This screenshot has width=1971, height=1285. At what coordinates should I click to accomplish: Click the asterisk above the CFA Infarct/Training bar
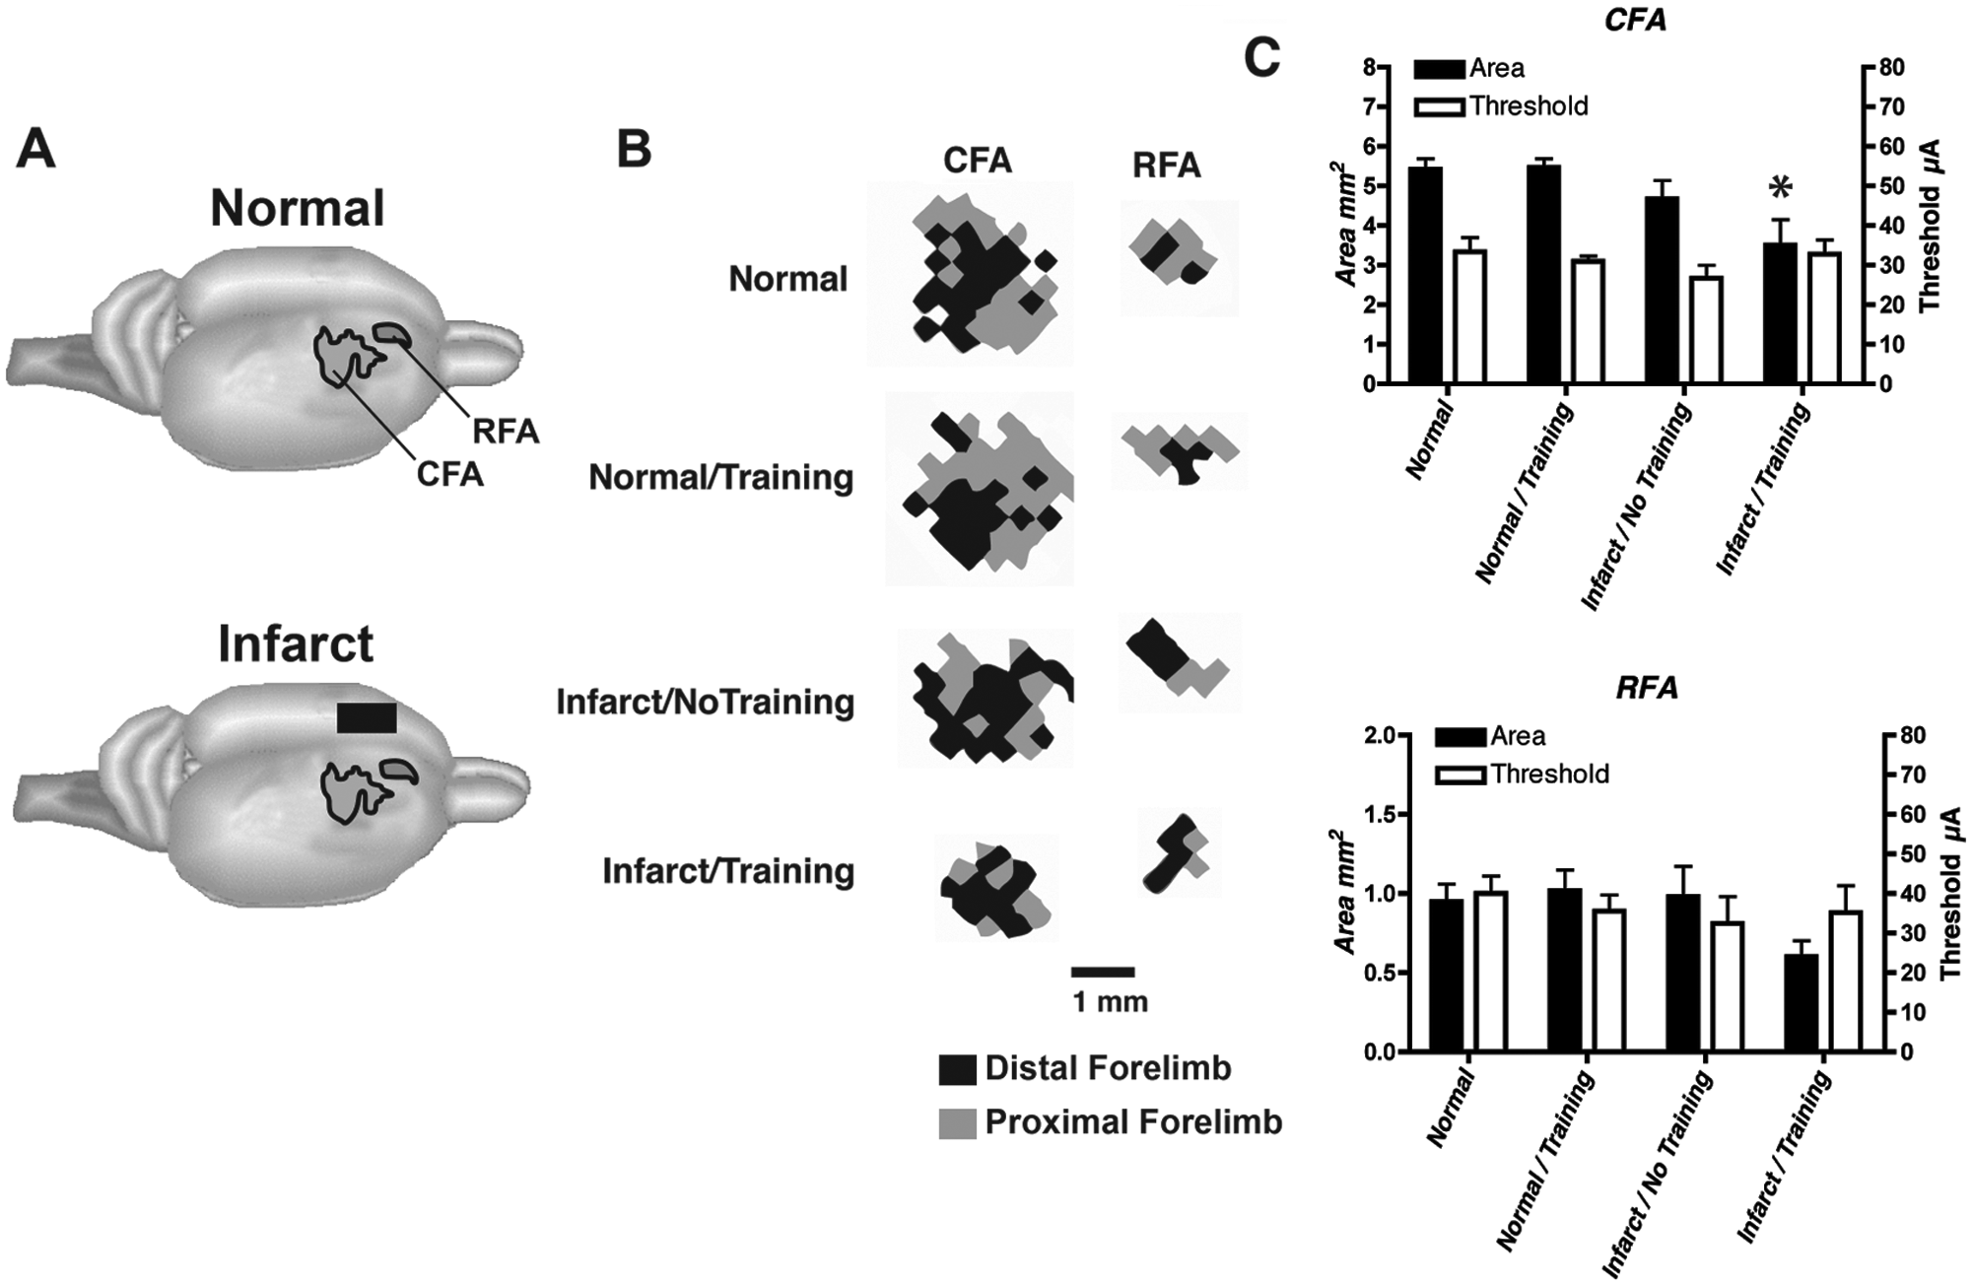click(x=1780, y=187)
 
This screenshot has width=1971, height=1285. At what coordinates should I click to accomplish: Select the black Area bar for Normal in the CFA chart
click(x=1425, y=275)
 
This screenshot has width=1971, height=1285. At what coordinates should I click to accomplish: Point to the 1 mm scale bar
click(x=1104, y=972)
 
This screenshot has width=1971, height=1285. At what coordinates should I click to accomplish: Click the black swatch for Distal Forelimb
click(x=957, y=1069)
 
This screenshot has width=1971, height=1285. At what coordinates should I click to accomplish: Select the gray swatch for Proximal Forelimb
click(x=957, y=1123)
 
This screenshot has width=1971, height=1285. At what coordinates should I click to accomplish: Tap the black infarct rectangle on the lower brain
click(x=367, y=717)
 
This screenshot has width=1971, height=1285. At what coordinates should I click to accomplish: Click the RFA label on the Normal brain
click(x=506, y=432)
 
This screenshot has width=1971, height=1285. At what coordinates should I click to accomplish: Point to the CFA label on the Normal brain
click(x=449, y=474)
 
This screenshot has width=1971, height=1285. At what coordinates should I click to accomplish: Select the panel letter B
click(x=634, y=149)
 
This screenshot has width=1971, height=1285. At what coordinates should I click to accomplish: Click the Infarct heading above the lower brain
click(x=296, y=643)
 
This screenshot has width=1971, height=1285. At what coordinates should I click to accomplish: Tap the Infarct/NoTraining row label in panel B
click(x=706, y=703)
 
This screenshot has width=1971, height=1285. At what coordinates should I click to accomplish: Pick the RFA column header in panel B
click(x=1167, y=166)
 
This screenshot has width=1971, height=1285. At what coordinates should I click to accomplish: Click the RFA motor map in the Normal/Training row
click(x=1180, y=451)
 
